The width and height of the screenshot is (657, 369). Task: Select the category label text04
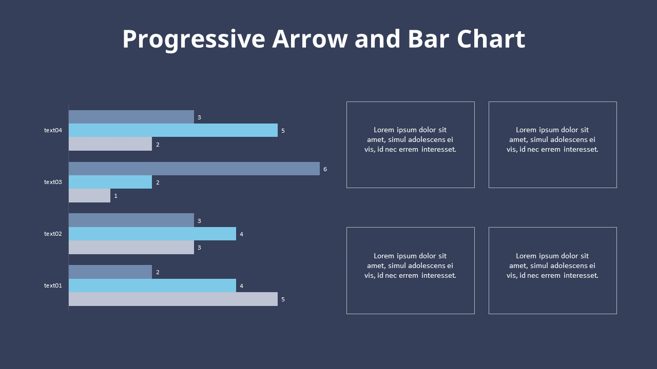[53, 130]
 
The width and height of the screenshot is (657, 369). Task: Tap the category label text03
[53, 182]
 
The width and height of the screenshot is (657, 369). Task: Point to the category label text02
[53, 234]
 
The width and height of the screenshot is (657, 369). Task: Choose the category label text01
[53, 285]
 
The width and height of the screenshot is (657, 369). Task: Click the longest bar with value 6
[194, 169]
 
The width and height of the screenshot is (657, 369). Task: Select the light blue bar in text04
[173, 130]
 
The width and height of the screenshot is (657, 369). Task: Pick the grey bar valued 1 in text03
[89, 196]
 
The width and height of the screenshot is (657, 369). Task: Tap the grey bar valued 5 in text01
[173, 299]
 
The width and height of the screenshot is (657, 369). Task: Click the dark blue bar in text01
[110, 272]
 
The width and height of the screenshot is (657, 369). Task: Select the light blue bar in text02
[152, 234]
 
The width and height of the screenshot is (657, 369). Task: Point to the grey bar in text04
[110, 144]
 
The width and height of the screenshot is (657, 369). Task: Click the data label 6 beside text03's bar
[325, 169]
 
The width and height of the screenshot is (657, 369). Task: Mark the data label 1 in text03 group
[115, 196]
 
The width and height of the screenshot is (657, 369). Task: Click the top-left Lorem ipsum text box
[410, 145]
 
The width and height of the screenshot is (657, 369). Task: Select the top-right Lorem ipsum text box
[552, 145]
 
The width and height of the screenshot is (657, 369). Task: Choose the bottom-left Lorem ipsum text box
[410, 270]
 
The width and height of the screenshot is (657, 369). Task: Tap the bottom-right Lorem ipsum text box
[552, 270]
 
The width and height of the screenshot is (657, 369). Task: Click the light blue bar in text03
[110, 182]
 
